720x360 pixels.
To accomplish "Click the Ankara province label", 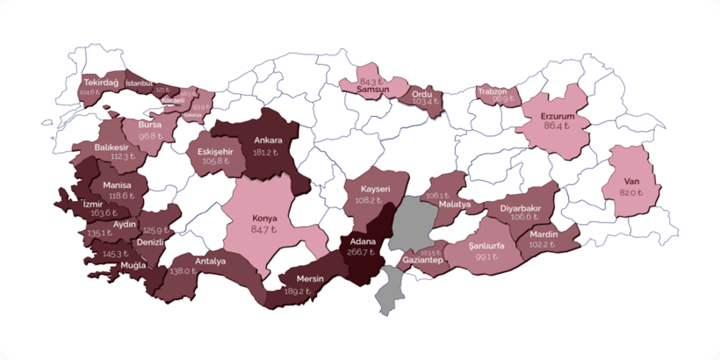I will (268, 140).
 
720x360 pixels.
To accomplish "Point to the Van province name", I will (629, 180).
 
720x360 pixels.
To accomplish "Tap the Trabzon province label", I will (493, 90).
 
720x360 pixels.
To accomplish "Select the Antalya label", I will (211, 261).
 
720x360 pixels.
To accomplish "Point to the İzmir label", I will (97, 202).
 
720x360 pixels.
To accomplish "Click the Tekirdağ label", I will (101, 82).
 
